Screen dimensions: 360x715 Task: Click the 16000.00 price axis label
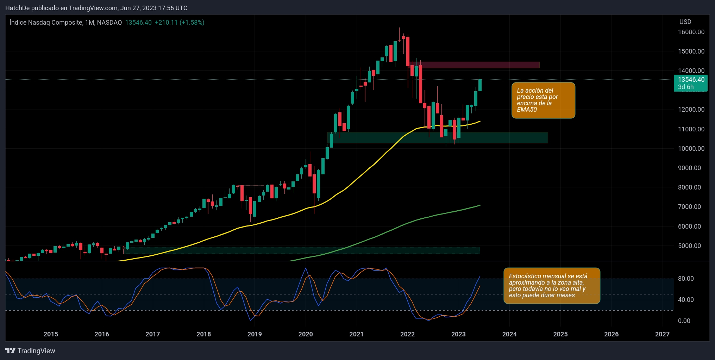point(691,32)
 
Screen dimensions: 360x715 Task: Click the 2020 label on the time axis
point(305,334)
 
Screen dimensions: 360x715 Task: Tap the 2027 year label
point(662,334)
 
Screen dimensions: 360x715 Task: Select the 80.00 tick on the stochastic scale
point(686,279)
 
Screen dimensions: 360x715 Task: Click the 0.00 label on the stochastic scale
point(684,321)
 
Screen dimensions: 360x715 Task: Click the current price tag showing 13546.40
point(691,80)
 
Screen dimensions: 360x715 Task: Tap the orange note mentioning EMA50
point(543,100)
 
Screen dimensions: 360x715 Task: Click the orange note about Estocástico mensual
point(551,286)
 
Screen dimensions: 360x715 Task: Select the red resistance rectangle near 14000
point(479,65)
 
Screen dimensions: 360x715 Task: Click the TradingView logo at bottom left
point(30,351)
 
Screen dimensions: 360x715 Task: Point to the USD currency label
point(685,22)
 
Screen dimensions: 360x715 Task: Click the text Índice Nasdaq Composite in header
point(46,23)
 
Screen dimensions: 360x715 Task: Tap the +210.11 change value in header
point(166,23)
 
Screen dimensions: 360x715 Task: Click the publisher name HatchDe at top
point(17,8)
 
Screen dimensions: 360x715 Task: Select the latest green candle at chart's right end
point(480,86)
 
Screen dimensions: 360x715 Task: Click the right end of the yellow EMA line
point(479,121)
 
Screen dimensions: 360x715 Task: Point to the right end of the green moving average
point(479,205)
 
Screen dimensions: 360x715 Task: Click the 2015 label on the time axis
point(51,334)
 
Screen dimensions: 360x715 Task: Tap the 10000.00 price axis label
point(691,149)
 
